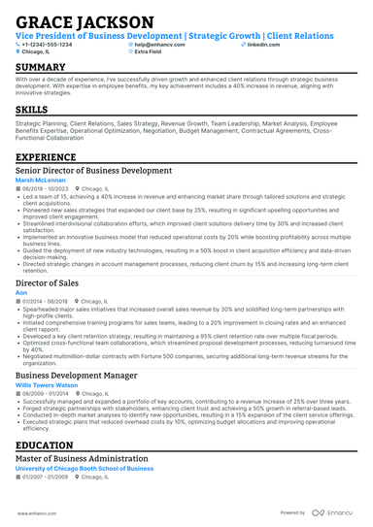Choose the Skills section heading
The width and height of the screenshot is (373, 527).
click(35, 110)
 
